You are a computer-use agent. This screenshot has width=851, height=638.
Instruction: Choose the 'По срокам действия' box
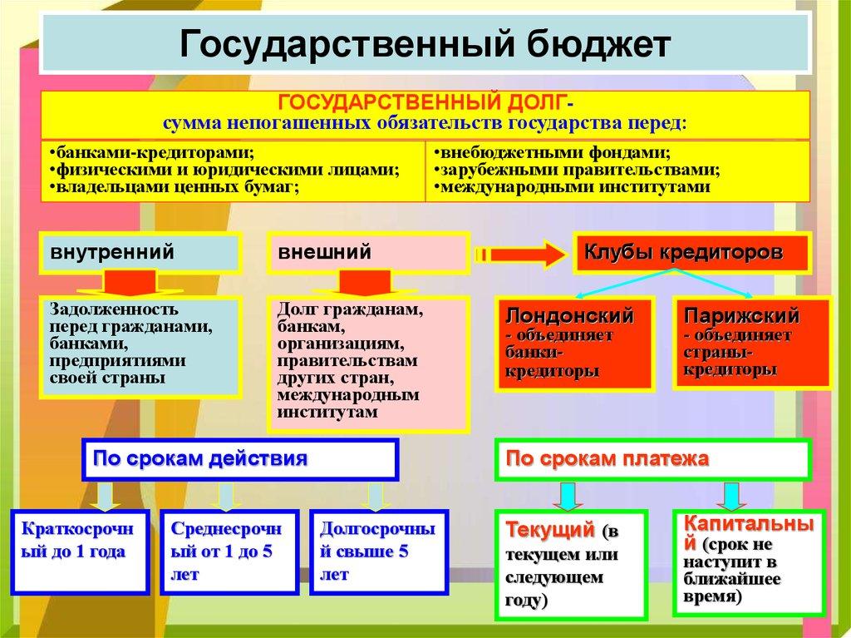click(x=239, y=458)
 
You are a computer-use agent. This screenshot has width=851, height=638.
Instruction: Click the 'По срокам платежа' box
click(x=652, y=459)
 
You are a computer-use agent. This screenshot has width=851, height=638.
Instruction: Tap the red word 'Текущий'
click(x=549, y=529)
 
